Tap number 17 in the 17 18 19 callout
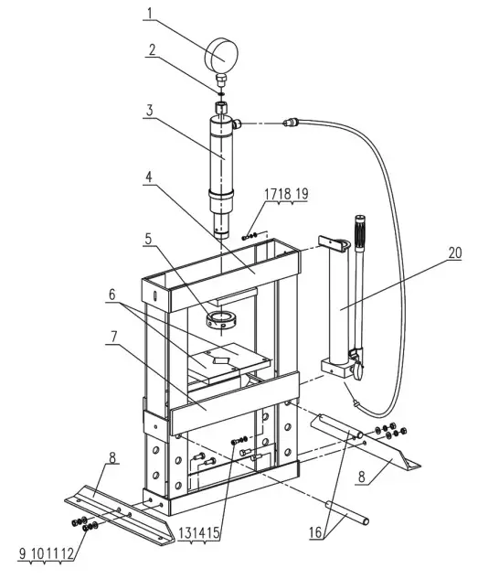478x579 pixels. pos(271,194)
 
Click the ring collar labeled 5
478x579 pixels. pos(224,321)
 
